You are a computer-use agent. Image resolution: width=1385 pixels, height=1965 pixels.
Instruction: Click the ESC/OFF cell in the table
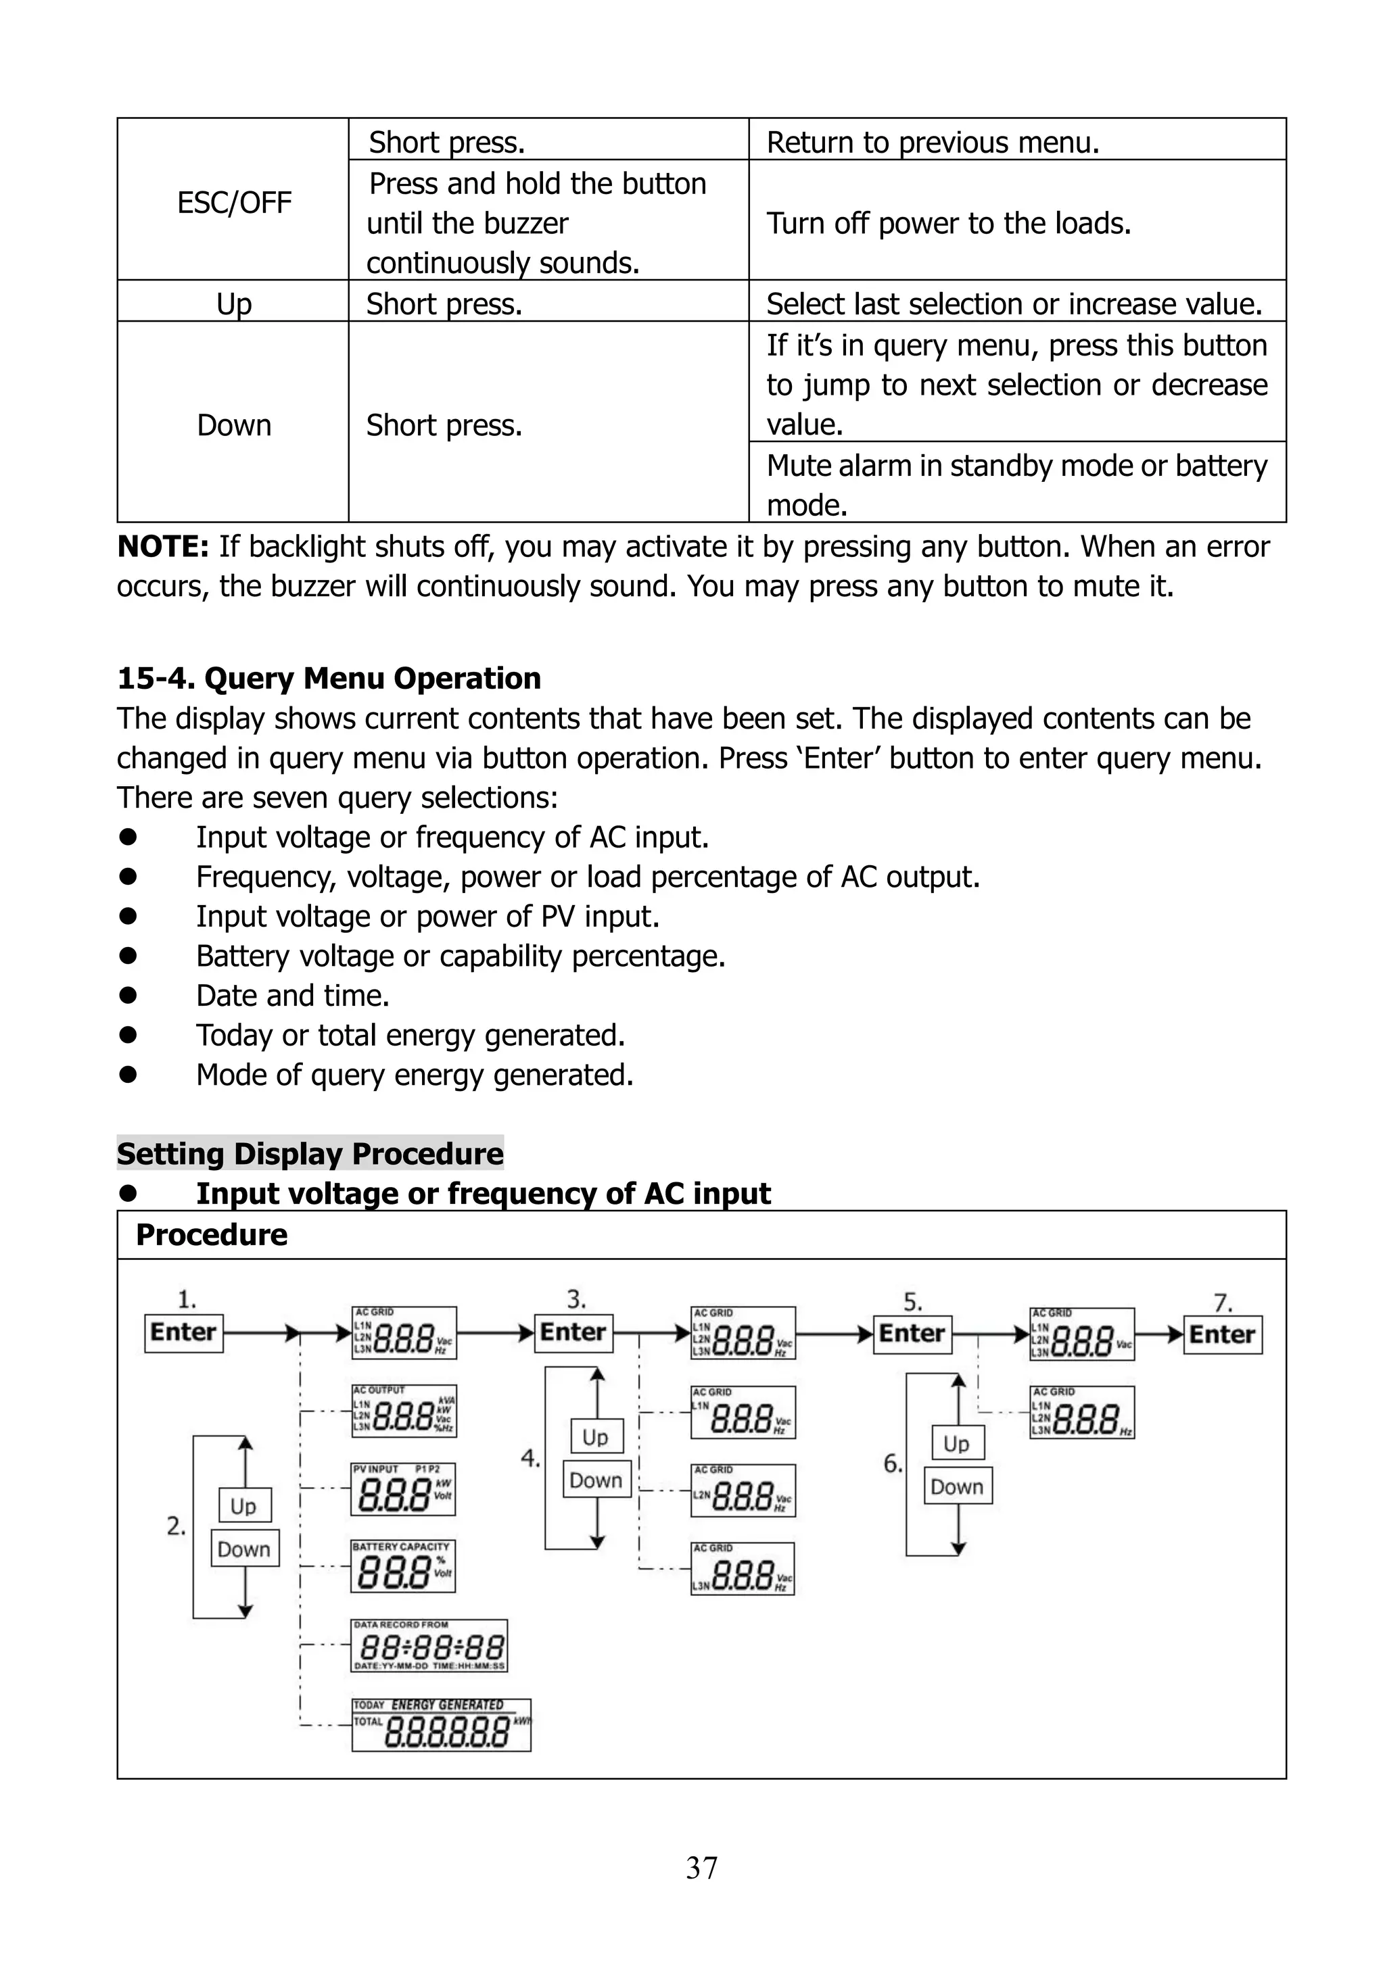pyautogui.click(x=234, y=203)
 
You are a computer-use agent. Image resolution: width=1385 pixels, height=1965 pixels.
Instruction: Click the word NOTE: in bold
pyautogui.click(x=162, y=546)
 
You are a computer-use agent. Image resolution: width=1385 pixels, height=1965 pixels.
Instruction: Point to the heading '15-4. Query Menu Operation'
pyautogui.click(x=329, y=678)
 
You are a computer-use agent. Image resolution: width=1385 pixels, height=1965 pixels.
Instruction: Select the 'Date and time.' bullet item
pyautogui.click(x=293, y=995)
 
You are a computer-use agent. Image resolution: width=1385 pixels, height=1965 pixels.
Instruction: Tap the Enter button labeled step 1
pyautogui.click(x=183, y=1332)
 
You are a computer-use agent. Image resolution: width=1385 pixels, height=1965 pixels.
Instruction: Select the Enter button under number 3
pyautogui.click(x=573, y=1332)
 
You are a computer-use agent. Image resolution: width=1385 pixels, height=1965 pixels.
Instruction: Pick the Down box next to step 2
pyautogui.click(x=244, y=1549)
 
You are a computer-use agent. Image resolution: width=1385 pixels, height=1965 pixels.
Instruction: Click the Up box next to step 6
pyautogui.click(x=956, y=1444)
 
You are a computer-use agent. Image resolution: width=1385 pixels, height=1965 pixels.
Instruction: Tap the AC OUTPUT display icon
pyautogui.click(x=404, y=1411)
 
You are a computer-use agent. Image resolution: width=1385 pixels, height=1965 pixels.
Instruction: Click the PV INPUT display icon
pyautogui.click(x=403, y=1489)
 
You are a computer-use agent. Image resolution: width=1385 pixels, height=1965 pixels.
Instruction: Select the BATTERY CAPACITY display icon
pyautogui.click(x=403, y=1566)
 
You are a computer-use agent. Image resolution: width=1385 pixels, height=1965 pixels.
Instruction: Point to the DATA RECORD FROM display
pyautogui.click(x=429, y=1645)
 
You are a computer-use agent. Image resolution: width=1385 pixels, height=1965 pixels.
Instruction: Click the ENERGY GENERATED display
pyautogui.click(x=441, y=1725)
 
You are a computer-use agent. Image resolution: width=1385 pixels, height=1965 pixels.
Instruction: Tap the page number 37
pyautogui.click(x=701, y=1868)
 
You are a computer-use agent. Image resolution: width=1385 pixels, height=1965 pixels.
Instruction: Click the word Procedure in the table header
pyautogui.click(x=212, y=1235)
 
